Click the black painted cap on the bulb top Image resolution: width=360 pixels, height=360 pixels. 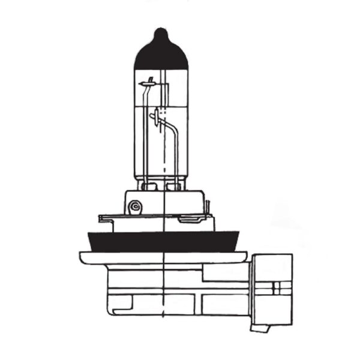pos(161,54)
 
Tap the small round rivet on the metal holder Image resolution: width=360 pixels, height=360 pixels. pos(136,207)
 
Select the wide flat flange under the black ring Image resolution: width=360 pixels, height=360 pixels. pos(163,257)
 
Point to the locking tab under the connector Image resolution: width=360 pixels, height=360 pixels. pos(260,328)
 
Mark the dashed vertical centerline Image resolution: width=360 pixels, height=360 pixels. pos(164,288)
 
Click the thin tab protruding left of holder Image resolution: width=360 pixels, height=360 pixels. pos(107,218)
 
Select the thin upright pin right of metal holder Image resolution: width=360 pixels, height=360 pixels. pos(208,208)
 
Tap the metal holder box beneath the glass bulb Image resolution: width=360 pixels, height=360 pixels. pos(163,202)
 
